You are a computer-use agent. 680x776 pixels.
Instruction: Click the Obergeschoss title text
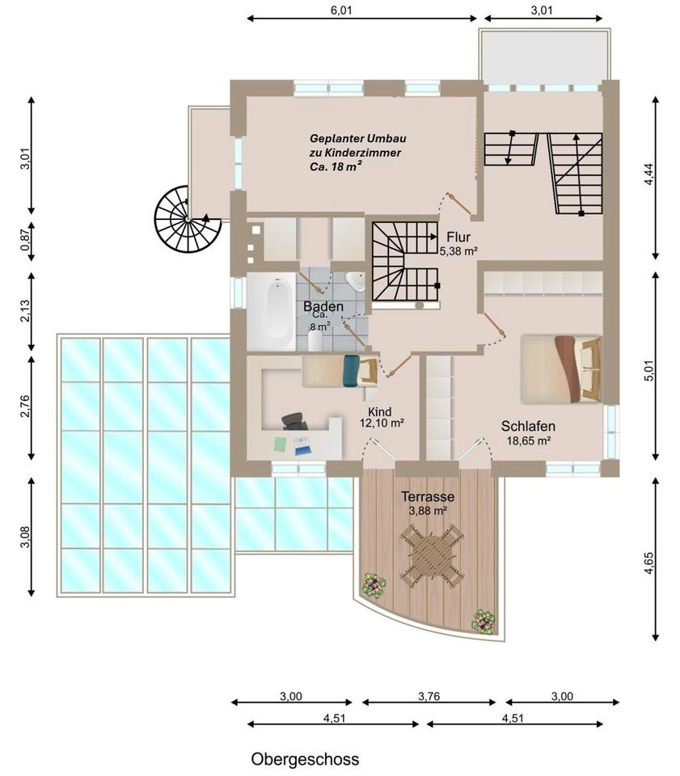coord(305,759)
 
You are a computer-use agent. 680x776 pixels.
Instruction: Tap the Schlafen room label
coord(528,426)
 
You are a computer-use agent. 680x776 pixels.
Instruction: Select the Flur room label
coord(458,237)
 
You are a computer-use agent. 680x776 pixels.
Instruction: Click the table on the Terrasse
coord(431,555)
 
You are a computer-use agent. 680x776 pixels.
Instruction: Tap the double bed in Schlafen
coord(561,369)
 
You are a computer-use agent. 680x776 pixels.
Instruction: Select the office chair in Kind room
coord(294,421)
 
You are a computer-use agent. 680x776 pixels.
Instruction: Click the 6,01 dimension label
coord(341,11)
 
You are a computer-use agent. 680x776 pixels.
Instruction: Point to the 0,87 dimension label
coord(25,240)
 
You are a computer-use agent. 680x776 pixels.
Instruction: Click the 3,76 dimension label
coord(429,696)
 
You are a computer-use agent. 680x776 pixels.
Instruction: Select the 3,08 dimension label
coord(25,537)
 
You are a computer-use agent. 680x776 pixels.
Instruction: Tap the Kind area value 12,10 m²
coord(382,423)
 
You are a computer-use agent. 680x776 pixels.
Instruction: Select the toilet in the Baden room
coord(315,340)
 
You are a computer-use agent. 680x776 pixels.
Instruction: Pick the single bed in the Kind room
coord(340,370)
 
